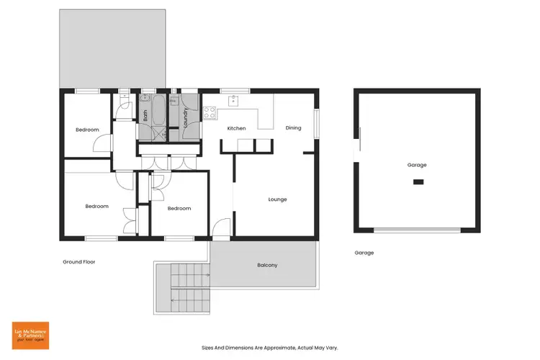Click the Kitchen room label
(236, 128)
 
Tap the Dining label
(293, 128)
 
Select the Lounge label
(277, 199)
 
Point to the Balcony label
(267, 265)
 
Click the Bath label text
(145, 114)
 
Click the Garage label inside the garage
(416, 165)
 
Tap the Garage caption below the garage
(364, 253)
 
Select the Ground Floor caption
(78, 261)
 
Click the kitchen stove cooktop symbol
(210, 112)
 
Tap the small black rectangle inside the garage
(418, 183)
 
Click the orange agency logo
(30, 336)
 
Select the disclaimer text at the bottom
(269, 347)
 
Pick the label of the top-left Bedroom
(87, 130)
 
